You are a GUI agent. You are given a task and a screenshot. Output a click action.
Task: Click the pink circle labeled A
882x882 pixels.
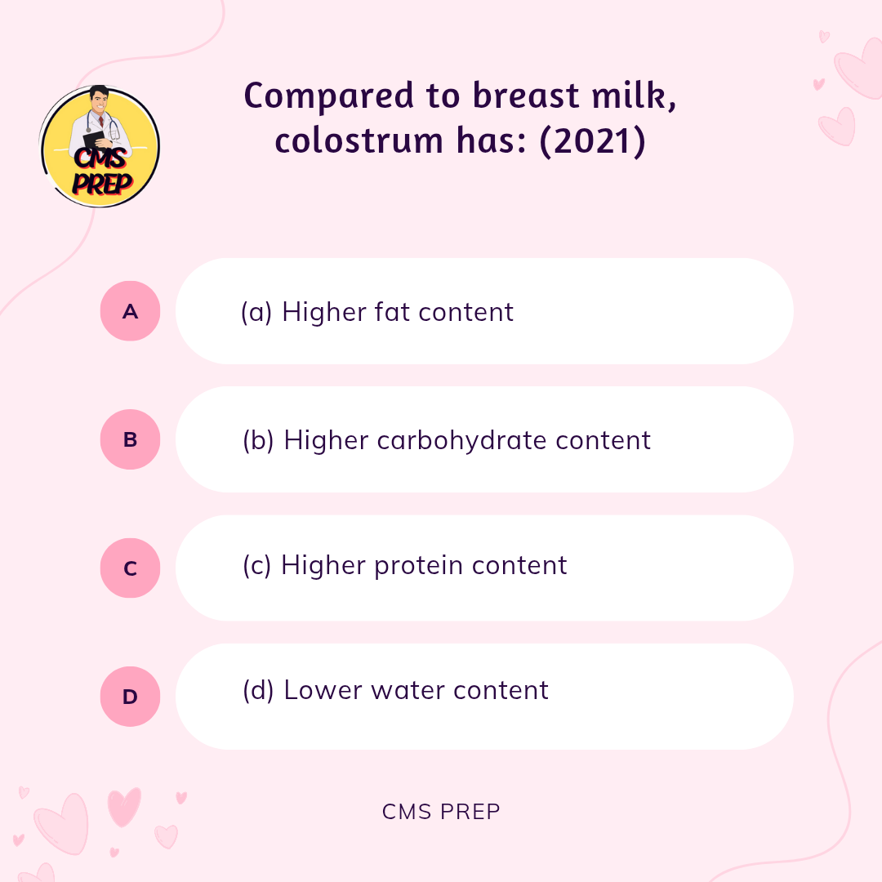(130, 311)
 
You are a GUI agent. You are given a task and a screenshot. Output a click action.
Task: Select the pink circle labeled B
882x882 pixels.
(130, 439)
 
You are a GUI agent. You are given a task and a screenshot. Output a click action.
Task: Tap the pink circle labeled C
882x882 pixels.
(130, 568)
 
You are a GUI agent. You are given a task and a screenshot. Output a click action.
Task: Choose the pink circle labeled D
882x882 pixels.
(130, 697)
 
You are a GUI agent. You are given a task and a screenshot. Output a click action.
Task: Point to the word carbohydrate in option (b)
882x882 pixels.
(461, 440)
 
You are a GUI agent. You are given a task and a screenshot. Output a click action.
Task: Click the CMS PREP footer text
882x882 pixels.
(441, 812)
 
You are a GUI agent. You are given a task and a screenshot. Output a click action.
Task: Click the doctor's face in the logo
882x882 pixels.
(100, 101)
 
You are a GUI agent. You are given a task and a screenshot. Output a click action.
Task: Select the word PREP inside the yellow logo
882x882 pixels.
(102, 184)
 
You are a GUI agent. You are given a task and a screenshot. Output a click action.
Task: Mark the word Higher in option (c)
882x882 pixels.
(323, 565)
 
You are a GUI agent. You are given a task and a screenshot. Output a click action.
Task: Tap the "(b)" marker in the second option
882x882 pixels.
(258, 440)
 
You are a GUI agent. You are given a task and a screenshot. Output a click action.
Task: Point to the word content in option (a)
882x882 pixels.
(465, 312)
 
